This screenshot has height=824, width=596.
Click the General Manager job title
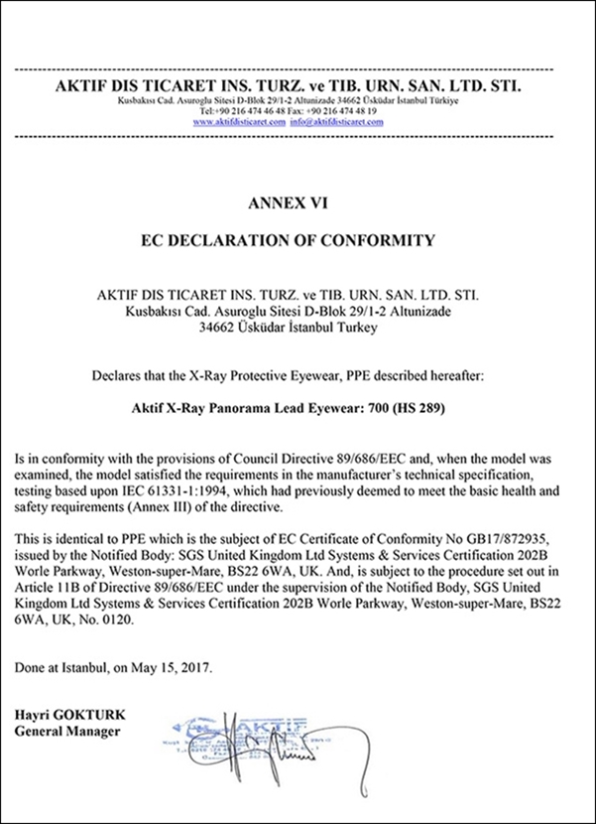[x=66, y=732]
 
